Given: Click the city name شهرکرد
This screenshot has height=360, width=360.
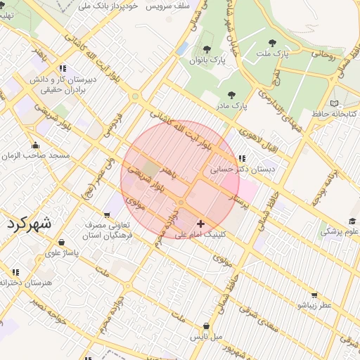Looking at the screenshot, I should (30, 224).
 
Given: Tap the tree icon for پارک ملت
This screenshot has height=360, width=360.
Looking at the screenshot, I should (272, 44).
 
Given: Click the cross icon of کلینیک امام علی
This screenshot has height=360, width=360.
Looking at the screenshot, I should (201, 223).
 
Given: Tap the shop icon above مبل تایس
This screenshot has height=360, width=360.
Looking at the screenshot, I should (206, 326).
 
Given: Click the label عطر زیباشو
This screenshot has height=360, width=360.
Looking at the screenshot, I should (314, 306).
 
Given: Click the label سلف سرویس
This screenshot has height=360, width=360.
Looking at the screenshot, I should (168, 5).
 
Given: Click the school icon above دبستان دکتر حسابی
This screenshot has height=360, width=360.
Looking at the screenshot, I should (242, 159).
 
